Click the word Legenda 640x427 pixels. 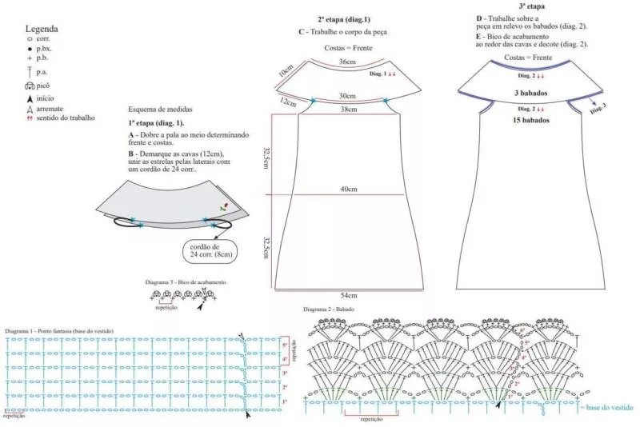(42, 29)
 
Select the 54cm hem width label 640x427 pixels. (347, 295)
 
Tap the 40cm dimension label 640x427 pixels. (347, 189)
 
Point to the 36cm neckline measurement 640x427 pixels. (347, 62)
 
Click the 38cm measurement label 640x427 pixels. (347, 109)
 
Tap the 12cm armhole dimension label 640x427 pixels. (287, 102)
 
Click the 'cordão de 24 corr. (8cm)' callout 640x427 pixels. (210, 251)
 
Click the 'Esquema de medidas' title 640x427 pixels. (160, 109)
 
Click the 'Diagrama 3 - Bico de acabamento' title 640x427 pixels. (186, 282)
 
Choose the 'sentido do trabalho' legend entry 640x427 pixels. (64, 118)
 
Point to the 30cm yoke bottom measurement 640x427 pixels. (347, 95)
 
